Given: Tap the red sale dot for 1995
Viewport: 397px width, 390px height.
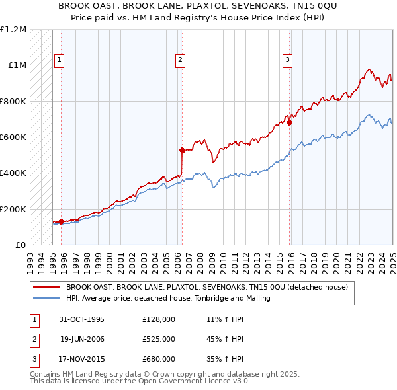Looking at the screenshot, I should click(x=62, y=222).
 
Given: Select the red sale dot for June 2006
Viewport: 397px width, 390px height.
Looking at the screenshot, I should click(x=182, y=151).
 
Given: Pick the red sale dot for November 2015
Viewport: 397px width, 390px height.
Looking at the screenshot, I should click(x=290, y=122).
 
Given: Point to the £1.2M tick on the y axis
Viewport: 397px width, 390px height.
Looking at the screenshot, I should click(x=13, y=30).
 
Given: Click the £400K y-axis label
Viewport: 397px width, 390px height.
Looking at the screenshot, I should click(x=13, y=173).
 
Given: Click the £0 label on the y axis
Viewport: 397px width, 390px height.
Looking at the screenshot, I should click(x=21, y=245).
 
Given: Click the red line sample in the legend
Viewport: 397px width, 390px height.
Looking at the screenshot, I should click(x=47, y=287).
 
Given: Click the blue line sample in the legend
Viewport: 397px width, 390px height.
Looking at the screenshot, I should click(x=47, y=299).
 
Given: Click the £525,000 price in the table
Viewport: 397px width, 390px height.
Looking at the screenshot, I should click(x=158, y=339).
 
